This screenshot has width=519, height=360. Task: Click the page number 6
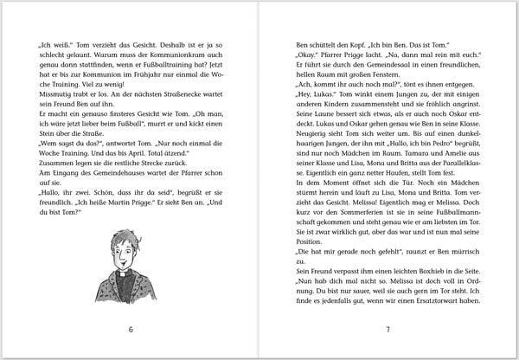coord(130,329)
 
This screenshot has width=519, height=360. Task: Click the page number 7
coord(388,329)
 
